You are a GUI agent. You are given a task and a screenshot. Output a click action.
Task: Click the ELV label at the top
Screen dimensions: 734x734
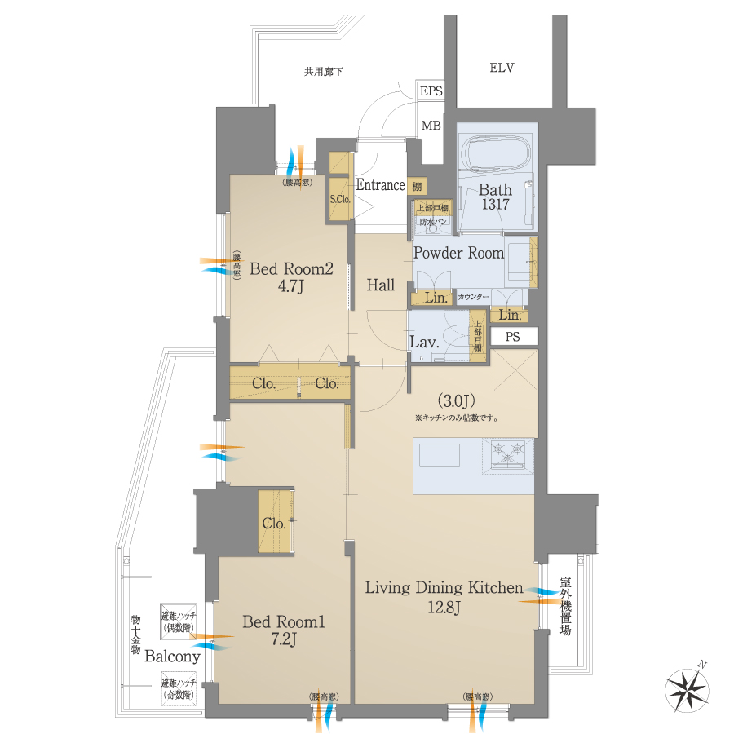[502, 68]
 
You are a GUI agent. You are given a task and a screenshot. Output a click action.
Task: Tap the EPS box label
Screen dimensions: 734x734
[431, 91]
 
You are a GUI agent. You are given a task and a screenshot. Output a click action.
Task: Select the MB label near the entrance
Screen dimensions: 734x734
[431, 126]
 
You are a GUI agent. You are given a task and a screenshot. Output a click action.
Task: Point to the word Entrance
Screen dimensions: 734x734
[380, 185]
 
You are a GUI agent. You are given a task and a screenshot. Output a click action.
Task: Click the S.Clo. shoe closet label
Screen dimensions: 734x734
[339, 199]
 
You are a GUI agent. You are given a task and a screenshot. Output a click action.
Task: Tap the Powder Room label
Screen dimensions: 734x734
[458, 253]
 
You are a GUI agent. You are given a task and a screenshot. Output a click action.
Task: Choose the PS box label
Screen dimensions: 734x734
[512, 337]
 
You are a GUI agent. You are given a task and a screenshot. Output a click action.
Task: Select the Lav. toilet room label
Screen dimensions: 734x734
[425, 343]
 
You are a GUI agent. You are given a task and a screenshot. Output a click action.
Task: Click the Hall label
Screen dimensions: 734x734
[380, 285]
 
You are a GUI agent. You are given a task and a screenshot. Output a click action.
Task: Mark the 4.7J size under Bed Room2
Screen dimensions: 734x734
[292, 287]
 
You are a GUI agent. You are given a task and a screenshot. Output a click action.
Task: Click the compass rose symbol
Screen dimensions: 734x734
[688, 688]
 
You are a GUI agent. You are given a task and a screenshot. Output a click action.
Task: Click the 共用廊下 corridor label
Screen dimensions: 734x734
[324, 72]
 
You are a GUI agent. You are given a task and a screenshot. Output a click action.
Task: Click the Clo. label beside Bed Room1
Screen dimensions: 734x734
[274, 524]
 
